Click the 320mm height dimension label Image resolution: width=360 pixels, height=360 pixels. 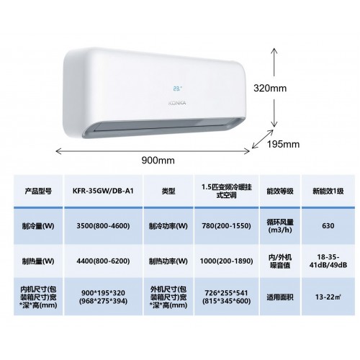(x=270, y=88)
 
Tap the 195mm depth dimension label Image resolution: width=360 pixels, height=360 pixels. (x=283, y=144)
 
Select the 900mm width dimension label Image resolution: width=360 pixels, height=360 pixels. (x=158, y=160)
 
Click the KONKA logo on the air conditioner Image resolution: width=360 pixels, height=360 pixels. (x=177, y=103)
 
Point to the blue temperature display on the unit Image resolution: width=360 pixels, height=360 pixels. (x=177, y=89)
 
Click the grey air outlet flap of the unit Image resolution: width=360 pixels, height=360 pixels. (x=163, y=127)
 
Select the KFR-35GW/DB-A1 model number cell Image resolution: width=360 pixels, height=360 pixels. (x=103, y=191)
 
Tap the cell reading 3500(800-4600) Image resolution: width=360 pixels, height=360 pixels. (x=103, y=226)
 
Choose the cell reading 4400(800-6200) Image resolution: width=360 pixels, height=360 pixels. (x=103, y=261)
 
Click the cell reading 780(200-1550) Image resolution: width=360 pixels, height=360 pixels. (x=226, y=226)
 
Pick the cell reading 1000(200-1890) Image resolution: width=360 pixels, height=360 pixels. (x=226, y=261)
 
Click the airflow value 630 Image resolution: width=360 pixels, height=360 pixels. (x=328, y=226)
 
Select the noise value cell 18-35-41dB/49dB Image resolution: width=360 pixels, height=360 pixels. (x=328, y=261)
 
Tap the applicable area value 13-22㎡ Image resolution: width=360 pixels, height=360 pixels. (x=328, y=297)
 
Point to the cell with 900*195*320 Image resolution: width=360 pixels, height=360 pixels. (x=103, y=297)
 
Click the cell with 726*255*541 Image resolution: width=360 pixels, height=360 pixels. (x=226, y=297)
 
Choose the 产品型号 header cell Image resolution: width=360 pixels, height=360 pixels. (x=38, y=192)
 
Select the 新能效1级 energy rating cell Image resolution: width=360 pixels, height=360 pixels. (x=328, y=192)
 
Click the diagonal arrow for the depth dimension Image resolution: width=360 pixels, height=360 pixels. (x=263, y=139)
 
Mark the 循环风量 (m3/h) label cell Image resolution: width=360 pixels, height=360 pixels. (x=280, y=226)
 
